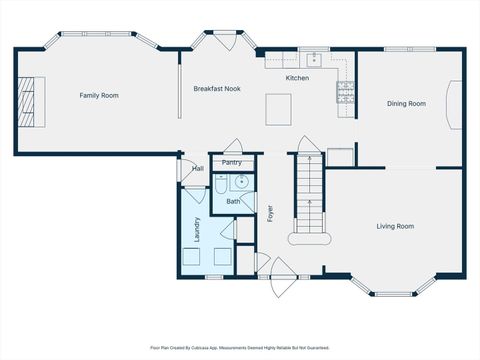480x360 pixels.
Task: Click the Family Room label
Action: click(x=99, y=95)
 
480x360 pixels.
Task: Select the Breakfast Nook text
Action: click(x=217, y=88)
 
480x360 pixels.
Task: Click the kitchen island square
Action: click(x=279, y=108)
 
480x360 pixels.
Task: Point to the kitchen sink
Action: click(x=313, y=58)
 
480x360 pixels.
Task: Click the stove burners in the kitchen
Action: click(x=346, y=93)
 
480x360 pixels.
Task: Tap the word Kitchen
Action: click(x=297, y=77)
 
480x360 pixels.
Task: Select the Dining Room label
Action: click(x=406, y=103)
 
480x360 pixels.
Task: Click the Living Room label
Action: click(x=395, y=226)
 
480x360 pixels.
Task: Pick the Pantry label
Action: click(x=231, y=162)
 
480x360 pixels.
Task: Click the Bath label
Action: click(x=232, y=201)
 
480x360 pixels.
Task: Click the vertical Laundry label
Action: click(x=198, y=229)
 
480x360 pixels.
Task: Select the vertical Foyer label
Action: click(x=269, y=213)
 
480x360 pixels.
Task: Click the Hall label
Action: click(x=197, y=168)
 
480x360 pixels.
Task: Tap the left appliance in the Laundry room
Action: click(x=191, y=257)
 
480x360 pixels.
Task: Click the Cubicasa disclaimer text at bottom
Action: click(x=239, y=347)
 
